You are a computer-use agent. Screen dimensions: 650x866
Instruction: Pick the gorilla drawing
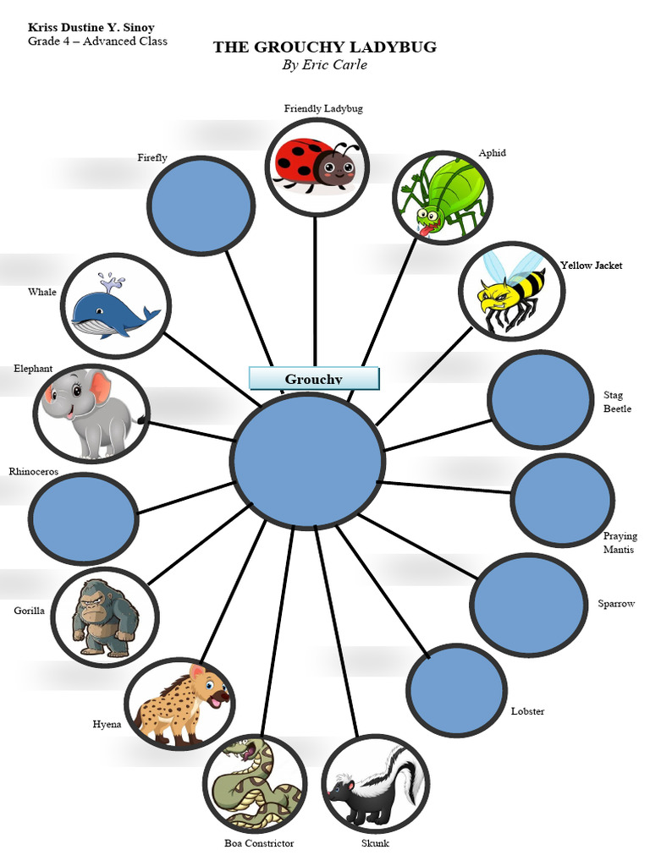click(x=104, y=617)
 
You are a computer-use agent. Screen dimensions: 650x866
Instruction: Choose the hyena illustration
click(x=179, y=704)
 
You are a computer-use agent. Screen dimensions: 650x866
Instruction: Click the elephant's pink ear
click(x=101, y=388)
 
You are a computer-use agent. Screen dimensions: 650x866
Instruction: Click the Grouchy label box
click(x=314, y=378)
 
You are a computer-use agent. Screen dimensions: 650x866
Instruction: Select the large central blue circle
click(x=308, y=461)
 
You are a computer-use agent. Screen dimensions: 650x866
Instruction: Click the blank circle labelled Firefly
click(x=201, y=205)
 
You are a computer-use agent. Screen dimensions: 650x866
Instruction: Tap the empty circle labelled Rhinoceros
click(x=83, y=518)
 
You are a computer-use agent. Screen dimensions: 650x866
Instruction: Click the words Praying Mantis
click(x=620, y=543)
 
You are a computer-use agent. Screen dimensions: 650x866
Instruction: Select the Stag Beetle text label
click(x=617, y=402)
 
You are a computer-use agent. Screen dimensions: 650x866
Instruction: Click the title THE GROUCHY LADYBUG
click(x=325, y=47)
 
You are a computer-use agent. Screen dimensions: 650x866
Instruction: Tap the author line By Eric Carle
click(x=324, y=65)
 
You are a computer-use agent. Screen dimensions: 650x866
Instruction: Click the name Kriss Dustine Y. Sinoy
click(x=91, y=28)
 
